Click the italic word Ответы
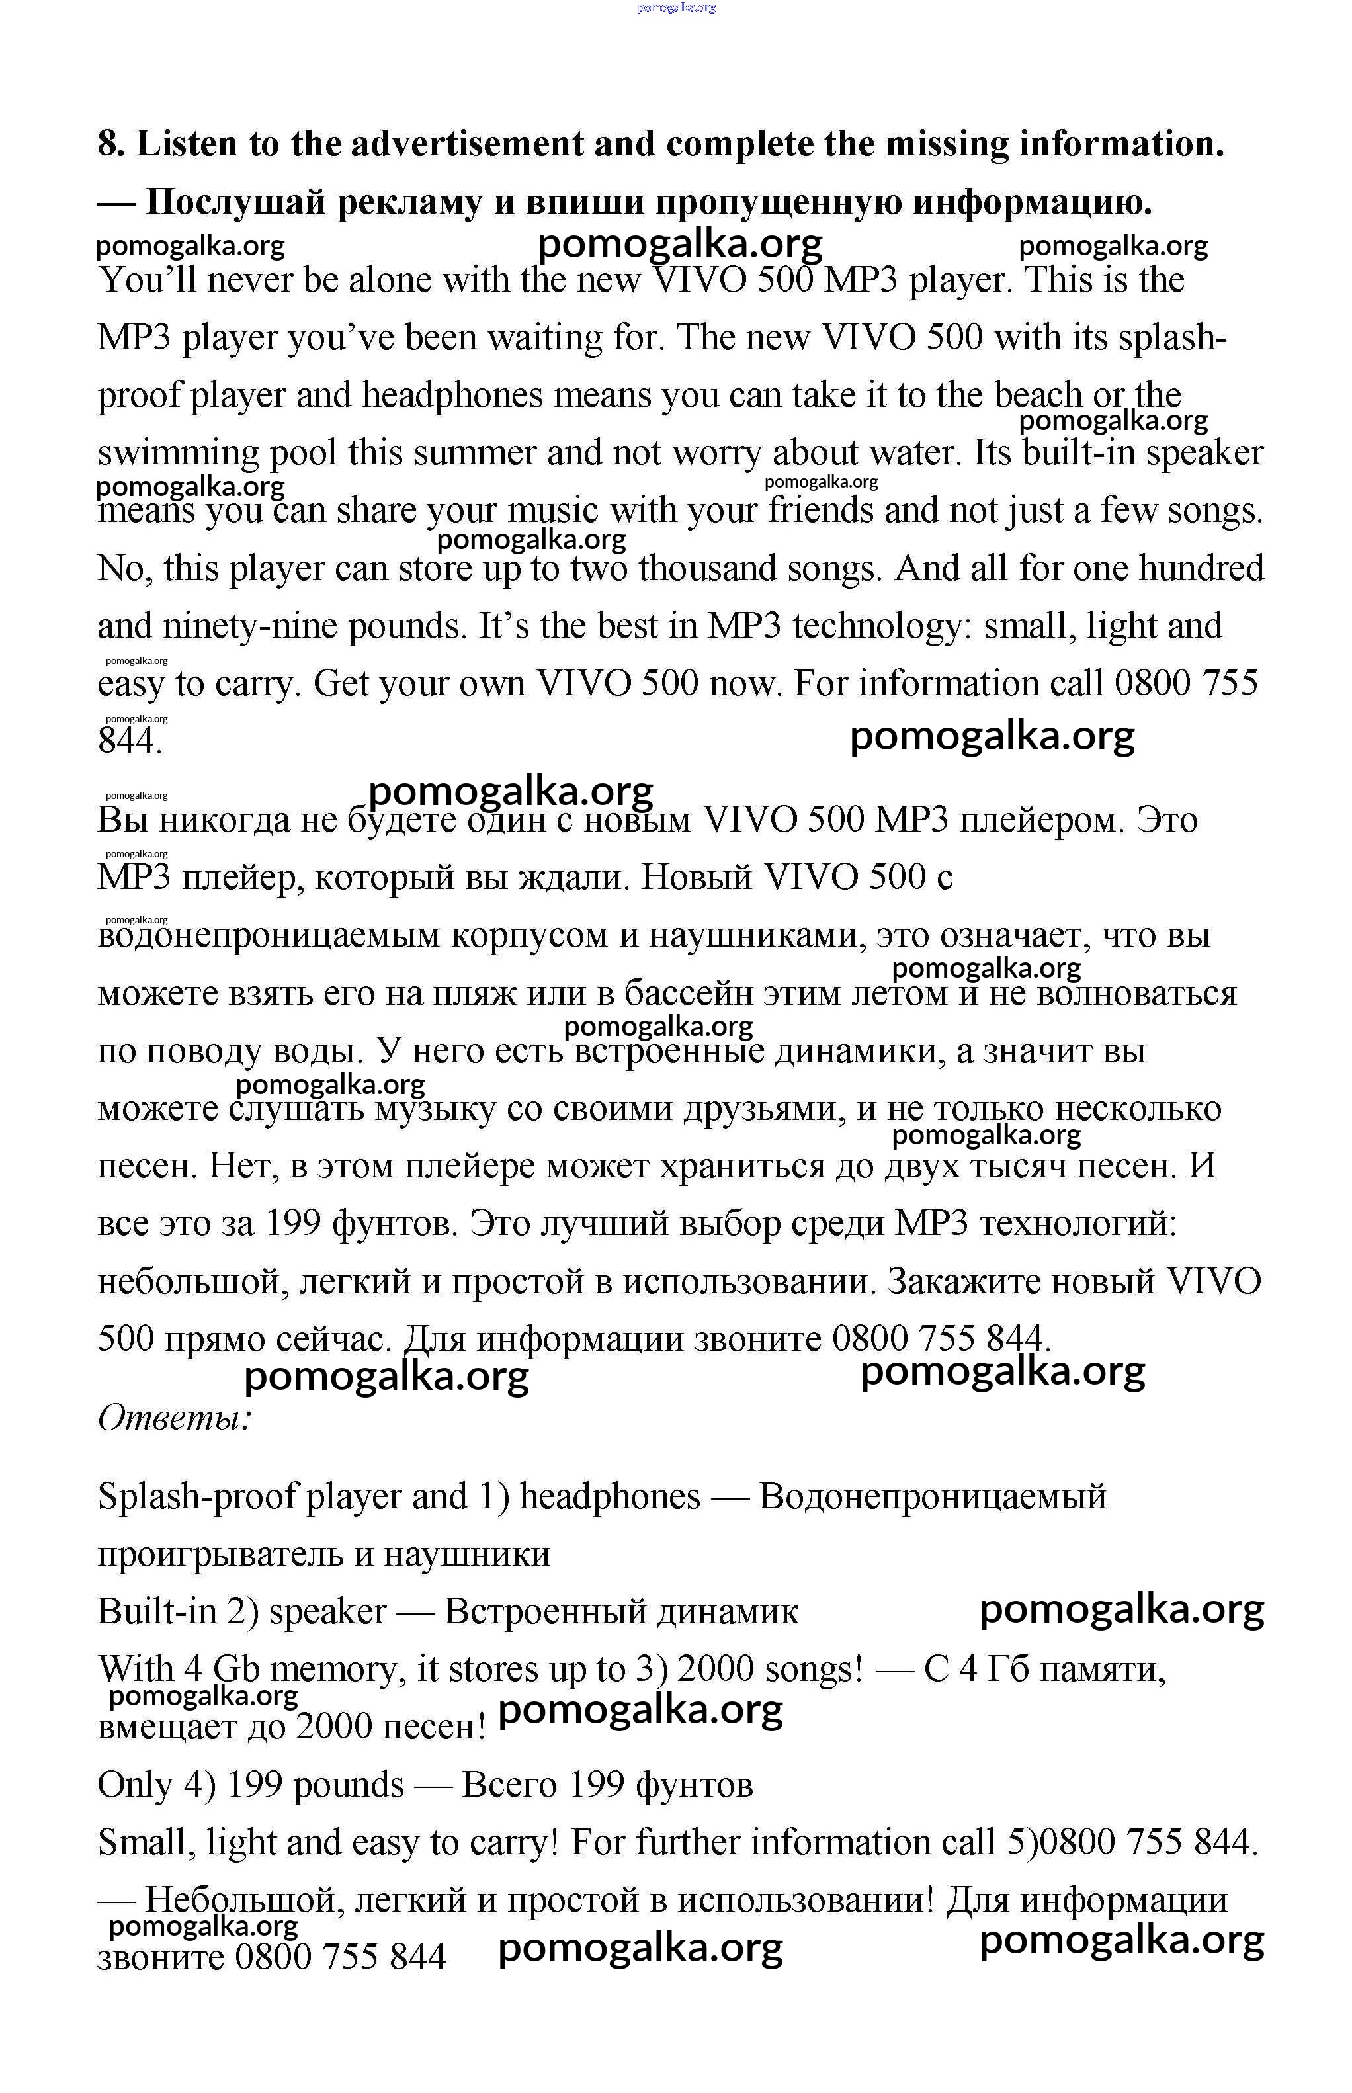pyautogui.click(x=175, y=1417)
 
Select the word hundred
pyautogui.click(x=1202, y=569)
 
